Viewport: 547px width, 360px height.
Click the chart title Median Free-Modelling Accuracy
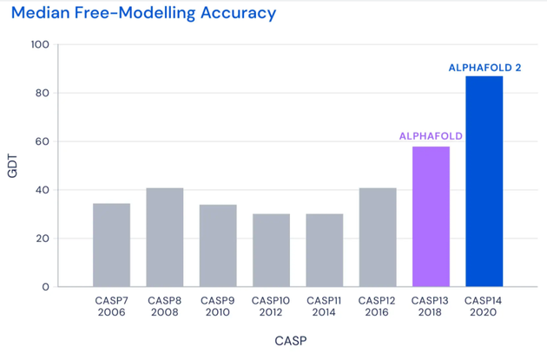[x=143, y=14]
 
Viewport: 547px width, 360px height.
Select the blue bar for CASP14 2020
[x=484, y=181]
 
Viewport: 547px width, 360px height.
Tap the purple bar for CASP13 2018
[x=431, y=217]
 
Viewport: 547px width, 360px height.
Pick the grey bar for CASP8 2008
[x=164, y=237]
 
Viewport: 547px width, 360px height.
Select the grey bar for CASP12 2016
[x=378, y=237]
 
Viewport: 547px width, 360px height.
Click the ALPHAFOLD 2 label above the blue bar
[x=484, y=67]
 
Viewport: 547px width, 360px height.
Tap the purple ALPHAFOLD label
[x=431, y=136]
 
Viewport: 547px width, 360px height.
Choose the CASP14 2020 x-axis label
[x=484, y=306]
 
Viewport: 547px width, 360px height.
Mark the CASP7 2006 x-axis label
[x=111, y=306]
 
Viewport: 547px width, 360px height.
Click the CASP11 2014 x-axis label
[x=324, y=306]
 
